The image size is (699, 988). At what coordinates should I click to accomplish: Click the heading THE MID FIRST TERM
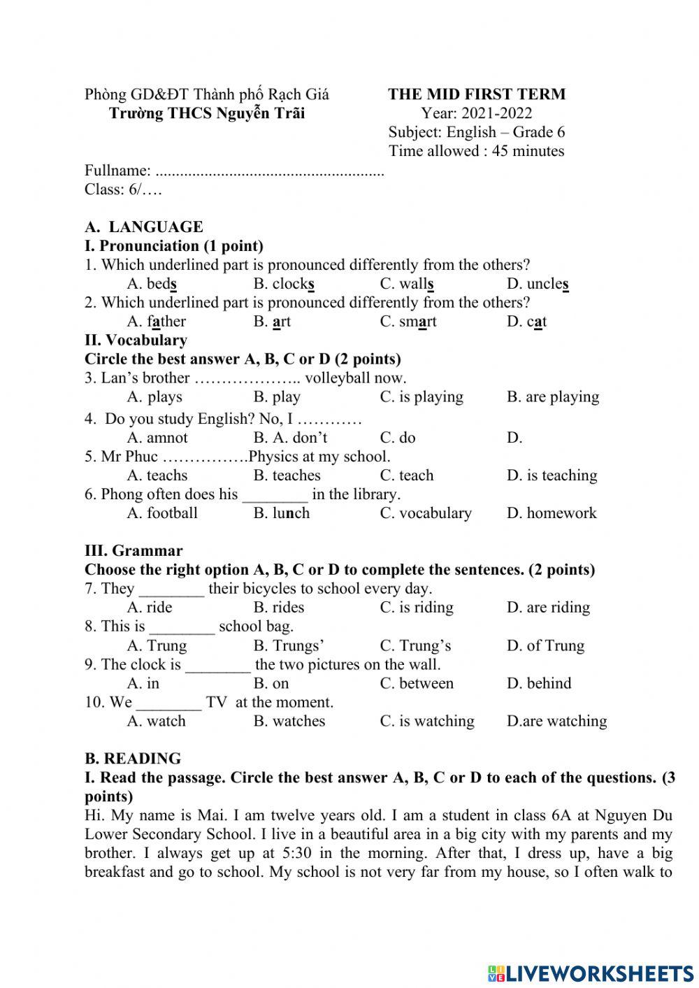477,94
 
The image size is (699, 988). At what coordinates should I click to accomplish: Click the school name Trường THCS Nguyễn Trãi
207,113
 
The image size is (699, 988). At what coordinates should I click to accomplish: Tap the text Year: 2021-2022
476,113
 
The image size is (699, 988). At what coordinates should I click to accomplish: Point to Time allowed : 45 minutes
476,151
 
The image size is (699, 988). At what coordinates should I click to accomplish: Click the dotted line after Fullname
269,171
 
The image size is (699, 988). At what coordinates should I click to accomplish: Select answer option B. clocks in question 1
284,284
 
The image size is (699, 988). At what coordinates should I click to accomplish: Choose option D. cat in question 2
526,322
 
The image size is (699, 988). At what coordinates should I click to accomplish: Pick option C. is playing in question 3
421,397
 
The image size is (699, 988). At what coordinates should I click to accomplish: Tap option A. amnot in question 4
157,438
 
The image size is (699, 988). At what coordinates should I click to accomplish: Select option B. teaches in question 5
287,475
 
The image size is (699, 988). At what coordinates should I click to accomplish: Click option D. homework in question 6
552,513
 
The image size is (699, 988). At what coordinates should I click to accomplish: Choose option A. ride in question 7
150,608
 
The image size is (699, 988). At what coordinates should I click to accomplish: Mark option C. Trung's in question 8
415,645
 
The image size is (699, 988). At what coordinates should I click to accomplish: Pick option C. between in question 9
417,683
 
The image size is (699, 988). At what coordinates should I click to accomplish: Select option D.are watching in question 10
556,721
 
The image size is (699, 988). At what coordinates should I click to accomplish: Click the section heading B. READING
133,759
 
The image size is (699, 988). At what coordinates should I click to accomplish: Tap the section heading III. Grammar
134,551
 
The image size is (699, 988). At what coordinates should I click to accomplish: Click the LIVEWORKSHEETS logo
591,973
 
